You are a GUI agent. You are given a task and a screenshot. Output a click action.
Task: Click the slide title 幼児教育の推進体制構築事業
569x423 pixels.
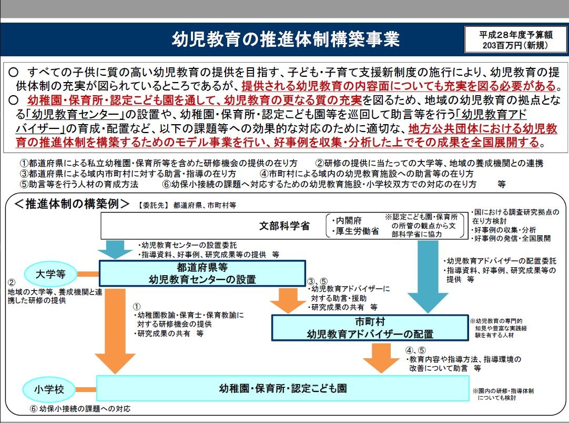coord(286,39)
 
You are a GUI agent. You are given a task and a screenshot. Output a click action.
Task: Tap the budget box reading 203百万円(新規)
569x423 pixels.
coord(515,40)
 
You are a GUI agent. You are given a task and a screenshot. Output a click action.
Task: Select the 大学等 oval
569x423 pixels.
coord(50,274)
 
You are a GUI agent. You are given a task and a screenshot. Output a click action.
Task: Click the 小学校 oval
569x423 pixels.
coord(49,390)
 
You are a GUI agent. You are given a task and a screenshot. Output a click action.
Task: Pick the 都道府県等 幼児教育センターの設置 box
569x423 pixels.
coord(202,273)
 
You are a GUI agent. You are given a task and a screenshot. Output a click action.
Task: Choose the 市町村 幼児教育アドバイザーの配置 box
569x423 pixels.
coord(370,327)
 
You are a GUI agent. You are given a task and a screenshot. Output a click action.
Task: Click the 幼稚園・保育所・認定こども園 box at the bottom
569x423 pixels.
coord(283,388)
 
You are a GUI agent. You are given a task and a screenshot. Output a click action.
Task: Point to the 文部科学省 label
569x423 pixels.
coord(284,226)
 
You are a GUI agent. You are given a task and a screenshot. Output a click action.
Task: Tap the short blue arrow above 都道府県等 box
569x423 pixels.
coord(115,249)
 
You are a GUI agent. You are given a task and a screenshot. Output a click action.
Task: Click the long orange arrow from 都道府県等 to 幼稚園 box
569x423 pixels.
coord(115,331)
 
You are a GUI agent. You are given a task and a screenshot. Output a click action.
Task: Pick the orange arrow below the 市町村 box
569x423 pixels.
coord(381,358)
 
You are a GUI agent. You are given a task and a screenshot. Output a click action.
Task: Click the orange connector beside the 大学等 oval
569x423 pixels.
coord(88,274)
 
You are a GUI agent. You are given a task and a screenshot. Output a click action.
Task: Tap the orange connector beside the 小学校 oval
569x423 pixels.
coord(86,390)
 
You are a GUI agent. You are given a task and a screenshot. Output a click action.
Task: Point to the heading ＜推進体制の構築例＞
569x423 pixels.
coord(72,204)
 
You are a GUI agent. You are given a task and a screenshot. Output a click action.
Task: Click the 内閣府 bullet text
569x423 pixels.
coord(347,220)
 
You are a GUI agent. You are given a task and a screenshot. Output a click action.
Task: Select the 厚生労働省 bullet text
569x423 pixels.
coord(355,231)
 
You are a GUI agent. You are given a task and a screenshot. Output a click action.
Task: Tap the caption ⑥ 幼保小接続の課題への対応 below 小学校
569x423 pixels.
coord(80,409)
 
